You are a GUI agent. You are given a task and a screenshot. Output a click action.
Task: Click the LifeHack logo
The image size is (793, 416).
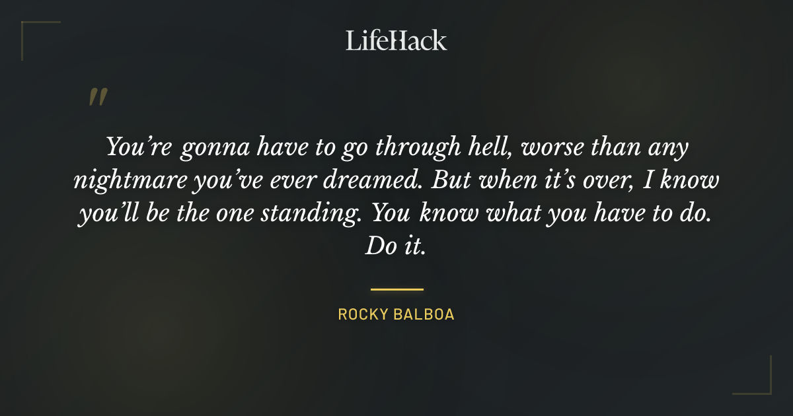click(x=397, y=40)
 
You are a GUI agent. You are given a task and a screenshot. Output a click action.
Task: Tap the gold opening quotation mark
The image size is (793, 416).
click(x=97, y=98)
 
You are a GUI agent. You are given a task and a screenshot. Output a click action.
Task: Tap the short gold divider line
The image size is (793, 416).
click(x=397, y=289)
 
